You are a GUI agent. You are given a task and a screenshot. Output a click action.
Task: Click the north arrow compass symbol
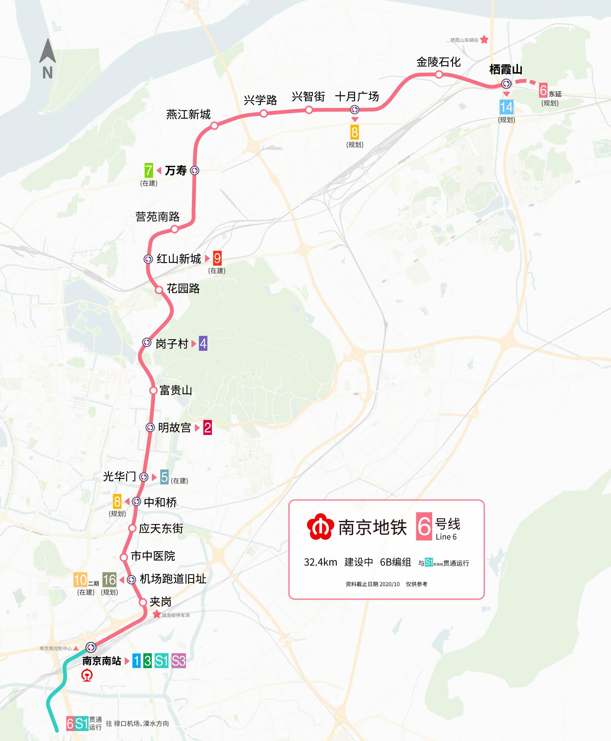(x=47, y=59)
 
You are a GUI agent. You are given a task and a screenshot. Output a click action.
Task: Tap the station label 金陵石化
(x=438, y=62)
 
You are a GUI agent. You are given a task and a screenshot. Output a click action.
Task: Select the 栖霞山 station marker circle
(x=506, y=84)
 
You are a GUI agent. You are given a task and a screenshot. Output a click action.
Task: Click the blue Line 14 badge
(x=506, y=107)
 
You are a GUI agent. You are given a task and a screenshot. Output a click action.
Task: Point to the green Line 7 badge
(x=149, y=170)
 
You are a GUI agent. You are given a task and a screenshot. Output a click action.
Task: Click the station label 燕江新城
(x=188, y=114)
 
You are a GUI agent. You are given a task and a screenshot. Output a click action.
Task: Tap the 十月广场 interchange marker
(x=354, y=110)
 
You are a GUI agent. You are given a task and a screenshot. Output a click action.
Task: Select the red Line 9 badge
(x=217, y=258)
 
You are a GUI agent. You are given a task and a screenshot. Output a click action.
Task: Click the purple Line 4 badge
(x=203, y=343)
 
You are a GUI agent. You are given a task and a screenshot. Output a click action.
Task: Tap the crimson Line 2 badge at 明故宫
(x=207, y=428)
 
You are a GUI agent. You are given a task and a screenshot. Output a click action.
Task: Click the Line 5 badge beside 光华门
(x=164, y=477)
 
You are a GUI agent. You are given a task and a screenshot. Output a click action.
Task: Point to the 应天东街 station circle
(x=132, y=528)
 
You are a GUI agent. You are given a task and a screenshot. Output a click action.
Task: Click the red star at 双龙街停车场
(x=157, y=615)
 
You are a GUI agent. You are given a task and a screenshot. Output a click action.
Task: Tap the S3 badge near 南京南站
(x=178, y=661)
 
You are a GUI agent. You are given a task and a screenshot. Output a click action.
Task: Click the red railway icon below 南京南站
(x=87, y=676)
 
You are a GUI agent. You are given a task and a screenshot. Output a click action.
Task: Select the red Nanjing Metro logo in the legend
(x=320, y=526)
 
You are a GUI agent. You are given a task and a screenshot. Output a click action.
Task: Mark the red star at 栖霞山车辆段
(x=484, y=39)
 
